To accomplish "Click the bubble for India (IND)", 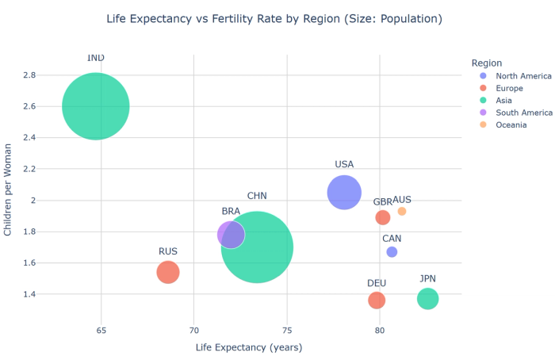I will click(x=96, y=106).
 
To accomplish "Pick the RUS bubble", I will click(x=168, y=272).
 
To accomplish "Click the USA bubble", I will click(x=344, y=192).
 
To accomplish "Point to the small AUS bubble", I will click(x=402, y=211).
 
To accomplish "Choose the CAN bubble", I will click(x=392, y=251).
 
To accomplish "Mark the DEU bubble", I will click(x=377, y=301).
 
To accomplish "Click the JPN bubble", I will click(x=428, y=298).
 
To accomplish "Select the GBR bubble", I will click(x=383, y=217).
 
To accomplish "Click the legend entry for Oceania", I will click(x=516, y=125).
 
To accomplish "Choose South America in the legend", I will click(x=523, y=113).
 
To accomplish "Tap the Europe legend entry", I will click(x=515, y=88).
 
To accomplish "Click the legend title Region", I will click(x=486, y=63).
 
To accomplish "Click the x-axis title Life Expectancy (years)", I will click(x=249, y=347).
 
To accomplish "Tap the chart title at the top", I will click(x=274, y=18).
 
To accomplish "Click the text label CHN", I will click(x=257, y=196).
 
